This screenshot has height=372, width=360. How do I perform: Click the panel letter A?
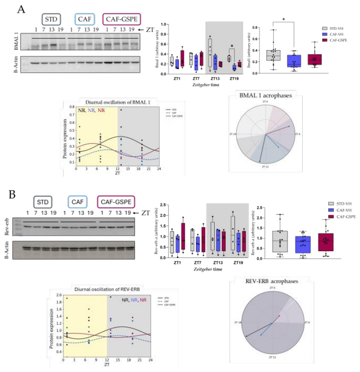(21, 10)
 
